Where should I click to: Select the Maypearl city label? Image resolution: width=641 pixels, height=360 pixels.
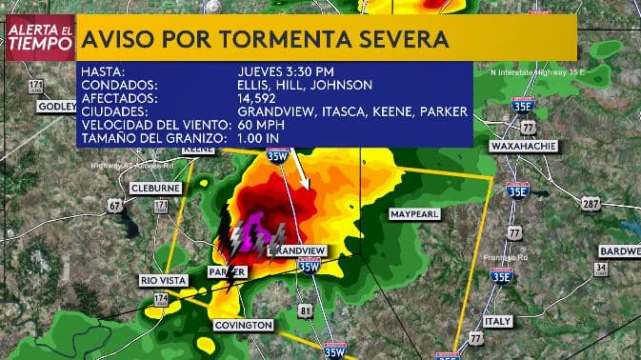(x=414, y=215)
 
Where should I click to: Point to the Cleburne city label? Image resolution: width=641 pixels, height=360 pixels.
(x=155, y=188)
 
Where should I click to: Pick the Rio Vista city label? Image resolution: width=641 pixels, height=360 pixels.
(x=163, y=280)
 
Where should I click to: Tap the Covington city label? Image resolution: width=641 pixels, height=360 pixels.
(x=243, y=325)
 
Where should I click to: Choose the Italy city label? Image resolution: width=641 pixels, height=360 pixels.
(x=497, y=321)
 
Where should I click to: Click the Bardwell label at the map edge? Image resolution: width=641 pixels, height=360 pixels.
(x=619, y=251)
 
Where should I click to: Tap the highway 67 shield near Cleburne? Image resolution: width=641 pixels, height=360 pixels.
(x=114, y=206)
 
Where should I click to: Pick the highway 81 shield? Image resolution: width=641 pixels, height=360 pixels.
(x=305, y=310)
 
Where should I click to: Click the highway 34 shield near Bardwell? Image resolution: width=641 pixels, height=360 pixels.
(x=601, y=269)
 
